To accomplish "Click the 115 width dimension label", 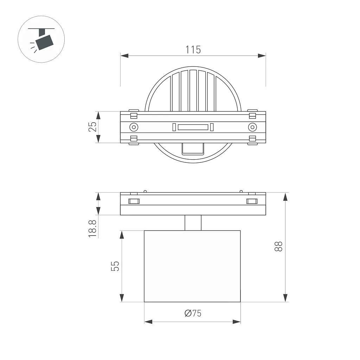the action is coord(193,50).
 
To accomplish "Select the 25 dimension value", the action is coord(92,127).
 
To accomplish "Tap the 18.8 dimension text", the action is coord(92,229).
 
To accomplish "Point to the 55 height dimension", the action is coord(115,266).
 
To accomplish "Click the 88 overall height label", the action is coord(278,246).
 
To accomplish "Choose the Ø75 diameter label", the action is coord(193,313).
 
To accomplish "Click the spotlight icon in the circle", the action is coord(42,39).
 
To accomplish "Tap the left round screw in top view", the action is coord(134,127).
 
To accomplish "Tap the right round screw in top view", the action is coord(252,127).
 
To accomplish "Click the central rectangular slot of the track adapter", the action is coord(193,127).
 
